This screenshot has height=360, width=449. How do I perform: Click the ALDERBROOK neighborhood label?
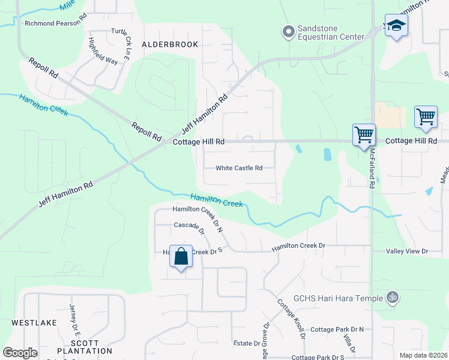[161, 44]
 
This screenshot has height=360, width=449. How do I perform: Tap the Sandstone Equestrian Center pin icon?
[289, 31]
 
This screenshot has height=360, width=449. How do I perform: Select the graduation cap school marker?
[396, 26]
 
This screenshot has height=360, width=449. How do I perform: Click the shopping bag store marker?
[181, 257]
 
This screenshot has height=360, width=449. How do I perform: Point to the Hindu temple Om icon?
[393, 298]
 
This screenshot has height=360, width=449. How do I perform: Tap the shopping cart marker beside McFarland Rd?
[364, 135]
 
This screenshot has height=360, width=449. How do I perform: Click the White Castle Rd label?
[240, 168]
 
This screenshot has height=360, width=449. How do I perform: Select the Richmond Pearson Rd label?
[56, 24]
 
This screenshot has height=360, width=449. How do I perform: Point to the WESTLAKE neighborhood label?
[34, 322]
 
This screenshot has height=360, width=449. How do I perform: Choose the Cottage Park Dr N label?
[337, 329]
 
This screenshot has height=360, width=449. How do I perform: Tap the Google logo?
[20, 353]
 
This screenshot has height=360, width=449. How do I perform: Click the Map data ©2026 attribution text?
[423, 355]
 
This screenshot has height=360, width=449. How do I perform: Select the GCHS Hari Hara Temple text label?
[338, 298]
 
